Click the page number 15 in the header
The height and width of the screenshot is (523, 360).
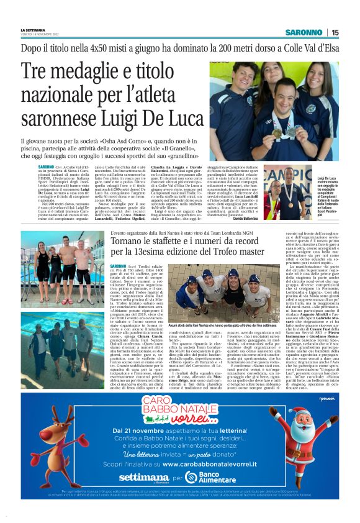click(335, 32)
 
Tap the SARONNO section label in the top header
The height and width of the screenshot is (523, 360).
click(304, 32)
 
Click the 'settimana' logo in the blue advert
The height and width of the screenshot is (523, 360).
click(143, 477)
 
